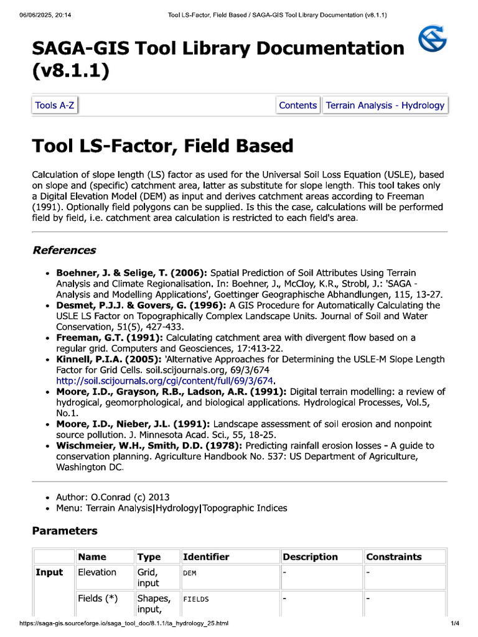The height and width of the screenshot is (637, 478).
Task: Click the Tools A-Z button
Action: click(55, 105)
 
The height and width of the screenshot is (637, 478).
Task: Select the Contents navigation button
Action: click(298, 105)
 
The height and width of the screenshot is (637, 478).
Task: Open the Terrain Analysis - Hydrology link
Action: click(385, 105)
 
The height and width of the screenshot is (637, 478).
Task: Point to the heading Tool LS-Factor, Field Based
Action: click(162, 146)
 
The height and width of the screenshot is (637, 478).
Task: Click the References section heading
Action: click(64, 250)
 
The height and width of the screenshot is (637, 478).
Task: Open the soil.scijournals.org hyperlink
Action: click(166, 381)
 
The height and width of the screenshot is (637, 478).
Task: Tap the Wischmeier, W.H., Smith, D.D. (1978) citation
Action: click(149, 445)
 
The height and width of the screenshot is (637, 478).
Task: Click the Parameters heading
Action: click(65, 531)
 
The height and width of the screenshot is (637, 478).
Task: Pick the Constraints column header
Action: click(393, 557)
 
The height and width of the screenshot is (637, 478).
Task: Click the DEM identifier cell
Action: click(189, 573)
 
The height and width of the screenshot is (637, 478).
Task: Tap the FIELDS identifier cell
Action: click(196, 599)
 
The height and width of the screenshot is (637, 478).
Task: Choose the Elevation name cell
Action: click(97, 572)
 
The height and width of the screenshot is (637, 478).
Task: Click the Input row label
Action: click(49, 572)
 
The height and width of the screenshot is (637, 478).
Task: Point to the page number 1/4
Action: click(454, 623)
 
